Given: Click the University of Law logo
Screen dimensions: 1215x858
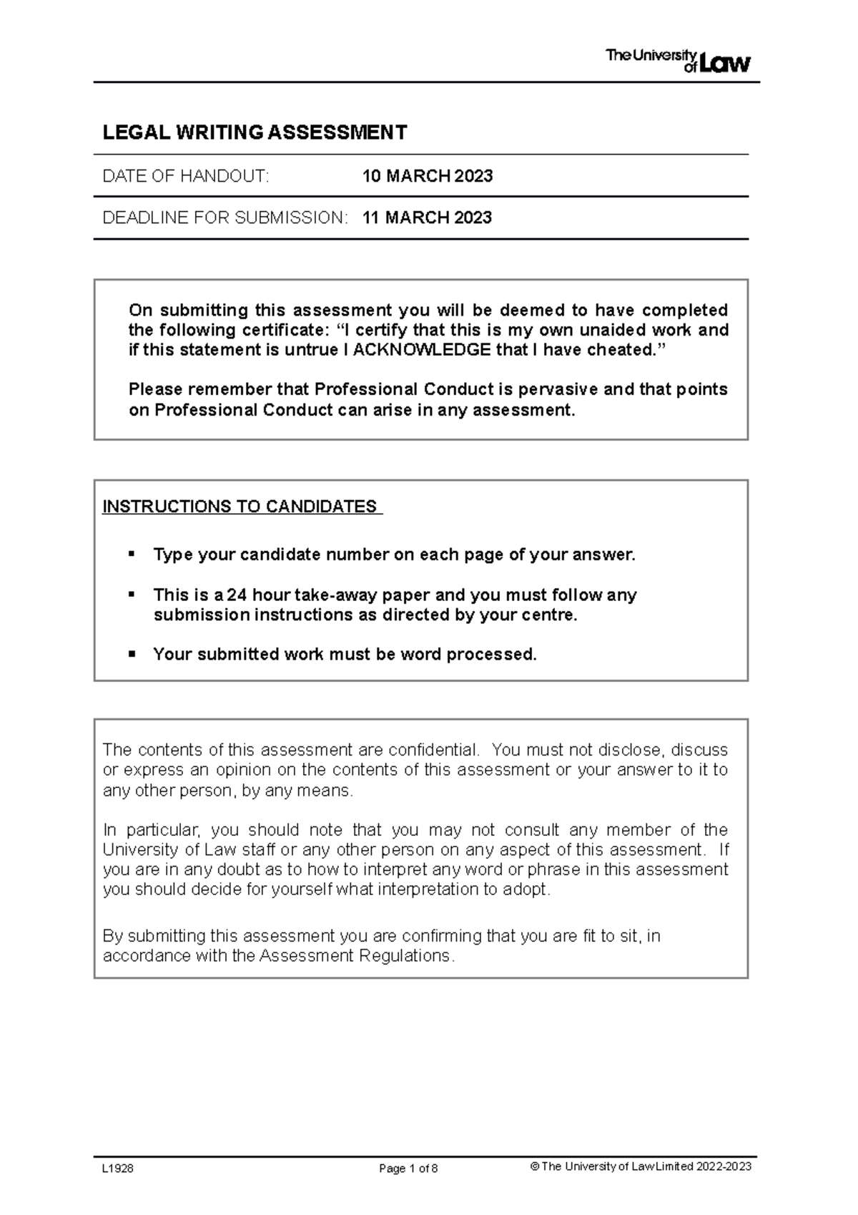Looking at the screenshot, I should coord(678,61).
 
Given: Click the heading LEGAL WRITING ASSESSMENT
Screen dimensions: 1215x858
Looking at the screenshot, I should coord(255,132).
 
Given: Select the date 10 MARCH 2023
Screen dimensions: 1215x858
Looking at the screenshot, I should coord(427,176).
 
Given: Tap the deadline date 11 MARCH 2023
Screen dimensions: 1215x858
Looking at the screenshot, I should coord(427,218).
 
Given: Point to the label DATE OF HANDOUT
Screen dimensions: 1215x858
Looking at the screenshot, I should coord(186,176).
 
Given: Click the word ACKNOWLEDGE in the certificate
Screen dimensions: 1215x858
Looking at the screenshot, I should coord(423,350).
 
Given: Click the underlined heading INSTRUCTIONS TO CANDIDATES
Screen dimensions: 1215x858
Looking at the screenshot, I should coord(241,507).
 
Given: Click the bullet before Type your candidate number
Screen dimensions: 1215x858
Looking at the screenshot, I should coord(131,554).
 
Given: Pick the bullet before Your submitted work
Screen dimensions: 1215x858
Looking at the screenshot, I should coord(131,654).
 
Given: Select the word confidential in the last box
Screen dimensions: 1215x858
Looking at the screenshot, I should coord(433,750).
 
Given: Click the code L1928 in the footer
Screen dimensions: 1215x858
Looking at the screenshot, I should coord(118,1168).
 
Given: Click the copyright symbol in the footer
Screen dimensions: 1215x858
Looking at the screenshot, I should coord(533,1167).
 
